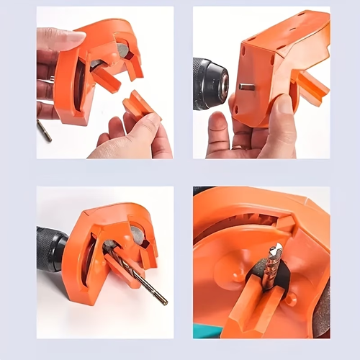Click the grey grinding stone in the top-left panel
coord(122,50)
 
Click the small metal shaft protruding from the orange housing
coord(247,86)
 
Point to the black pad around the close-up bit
coord(253,276)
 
